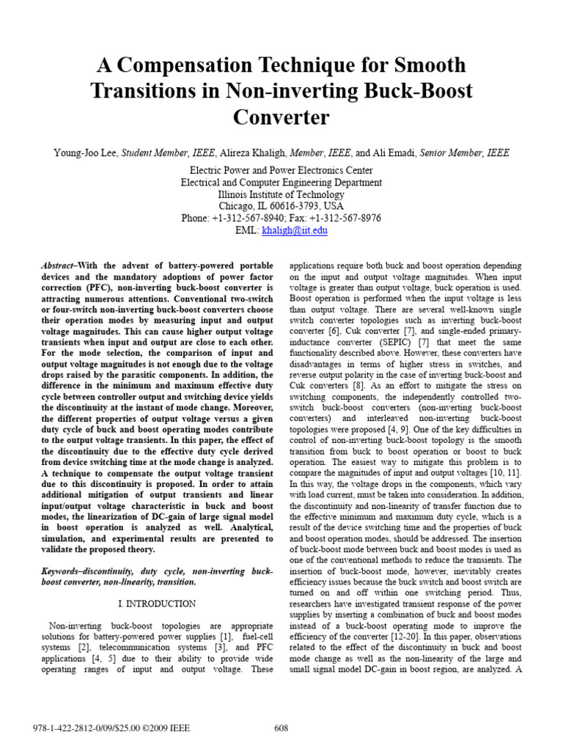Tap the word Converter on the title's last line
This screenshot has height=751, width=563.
pyautogui.click(x=281, y=117)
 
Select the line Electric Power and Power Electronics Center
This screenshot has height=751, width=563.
pyautogui.click(x=281, y=171)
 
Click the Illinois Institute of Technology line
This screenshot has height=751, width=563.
pyautogui.click(x=281, y=195)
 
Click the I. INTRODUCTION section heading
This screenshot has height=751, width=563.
pyautogui.click(x=157, y=604)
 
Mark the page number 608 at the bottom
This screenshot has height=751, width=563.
pyautogui.click(x=281, y=728)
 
